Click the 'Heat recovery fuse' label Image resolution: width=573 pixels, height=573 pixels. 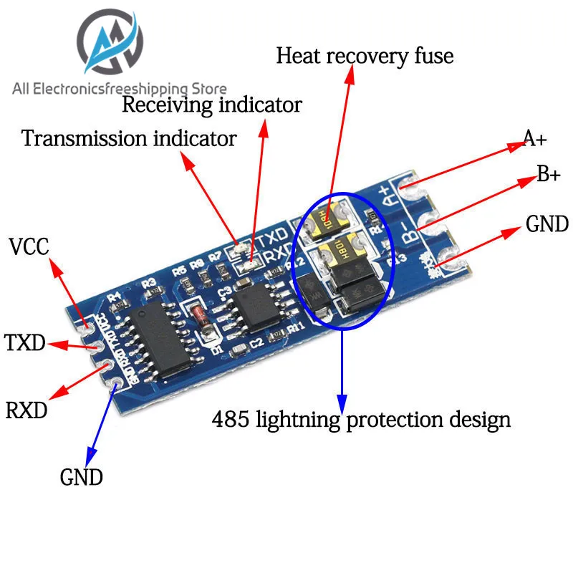[x=365, y=56]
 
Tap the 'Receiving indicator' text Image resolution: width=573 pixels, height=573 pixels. [x=212, y=105]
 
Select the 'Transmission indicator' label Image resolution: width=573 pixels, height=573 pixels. [x=129, y=138]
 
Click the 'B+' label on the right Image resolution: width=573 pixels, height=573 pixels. [x=548, y=174]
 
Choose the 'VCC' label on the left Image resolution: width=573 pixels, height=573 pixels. [x=29, y=248]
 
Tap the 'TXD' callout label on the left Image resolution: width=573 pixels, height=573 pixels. [x=25, y=343]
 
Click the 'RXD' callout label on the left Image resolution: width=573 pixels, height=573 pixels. [x=27, y=411]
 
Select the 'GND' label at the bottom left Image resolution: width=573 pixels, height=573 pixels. [x=81, y=477]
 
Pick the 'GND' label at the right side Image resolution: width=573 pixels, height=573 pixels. [x=547, y=224]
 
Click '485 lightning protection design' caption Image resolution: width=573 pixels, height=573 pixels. [x=361, y=419]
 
